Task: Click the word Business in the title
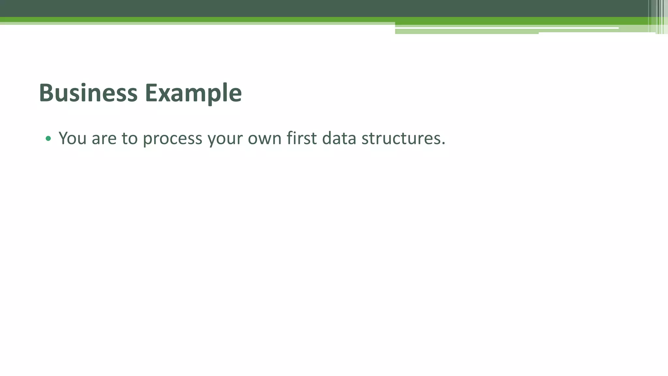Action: click(x=88, y=93)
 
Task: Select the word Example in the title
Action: click(x=193, y=93)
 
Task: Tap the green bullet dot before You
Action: click(x=48, y=138)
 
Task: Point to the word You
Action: click(x=72, y=138)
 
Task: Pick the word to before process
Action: click(x=129, y=138)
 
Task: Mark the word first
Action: click(x=302, y=138)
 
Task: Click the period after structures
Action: click(x=443, y=143)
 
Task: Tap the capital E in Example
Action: click(x=151, y=93)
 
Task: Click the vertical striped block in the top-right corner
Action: click(x=658, y=17)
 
